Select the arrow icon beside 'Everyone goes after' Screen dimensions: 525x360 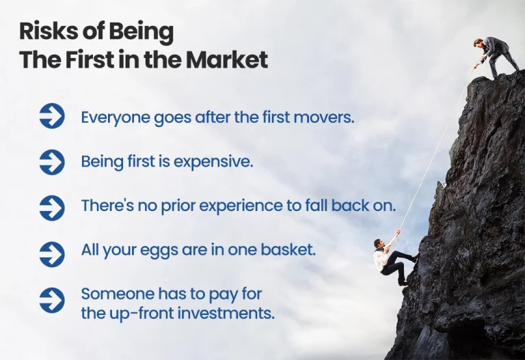[52, 115]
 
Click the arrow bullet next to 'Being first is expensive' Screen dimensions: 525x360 [52, 162]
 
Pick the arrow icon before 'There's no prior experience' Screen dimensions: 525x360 [52, 208]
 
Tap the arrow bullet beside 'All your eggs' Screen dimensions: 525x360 [52, 254]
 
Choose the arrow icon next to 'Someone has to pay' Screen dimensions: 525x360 [52, 300]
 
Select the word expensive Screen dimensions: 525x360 [213, 163]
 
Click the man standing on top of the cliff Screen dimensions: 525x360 [496, 57]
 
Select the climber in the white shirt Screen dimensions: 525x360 [394, 262]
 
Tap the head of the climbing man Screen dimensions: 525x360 [378, 243]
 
